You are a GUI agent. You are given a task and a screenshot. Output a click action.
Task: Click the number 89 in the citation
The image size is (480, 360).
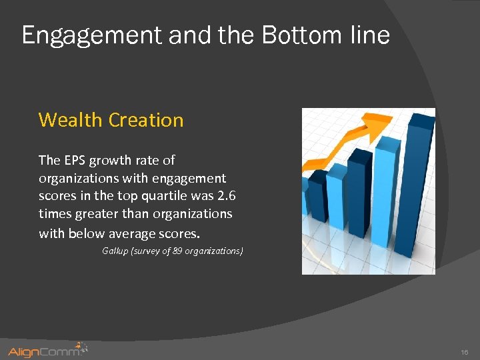pyautogui.click(x=177, y=251)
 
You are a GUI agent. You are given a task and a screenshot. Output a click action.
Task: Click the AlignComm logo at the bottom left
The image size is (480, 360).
pyautogui.click(x=47, y=350)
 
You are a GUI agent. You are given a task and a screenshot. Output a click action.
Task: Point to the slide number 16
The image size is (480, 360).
pyautogui.click(x=464, y=351)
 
